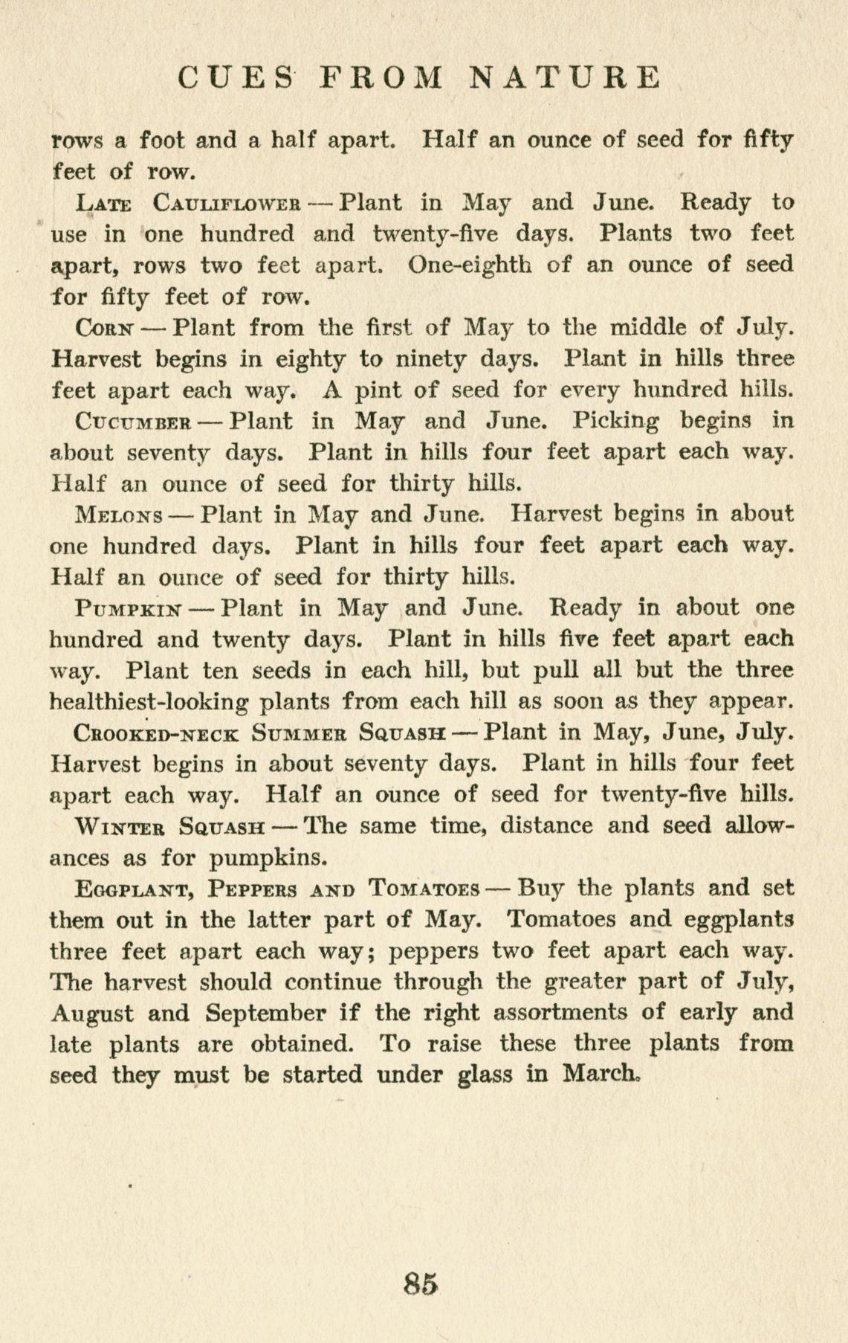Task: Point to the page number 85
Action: coord(421,1283)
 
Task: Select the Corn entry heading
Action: coord(106,328)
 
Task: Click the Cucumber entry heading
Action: coord(135,422)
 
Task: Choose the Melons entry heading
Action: coord(120,515)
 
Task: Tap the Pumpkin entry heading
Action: coord(129,608)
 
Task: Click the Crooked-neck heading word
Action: coord(157,733)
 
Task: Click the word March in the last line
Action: coord(601,1075)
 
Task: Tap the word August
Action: coord(92,1013)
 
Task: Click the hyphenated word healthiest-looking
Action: coord(149,702)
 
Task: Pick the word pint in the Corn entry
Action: coord(378,390)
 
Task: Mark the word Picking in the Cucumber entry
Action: coord(615,422)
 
